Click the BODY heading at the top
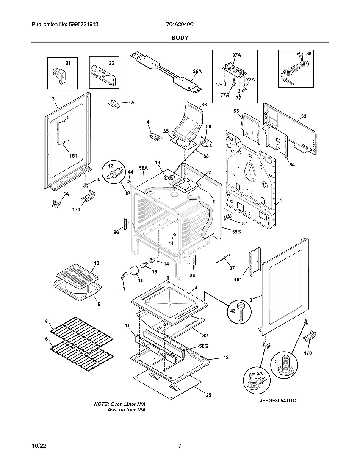click(x=180, y=38)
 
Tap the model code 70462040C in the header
click(x=180, y=25)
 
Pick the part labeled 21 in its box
click(x=60, y=75)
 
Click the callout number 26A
click(x=197, y=72)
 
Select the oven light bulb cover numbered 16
click(x=135, y=270)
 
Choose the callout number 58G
click(x=204, y=347)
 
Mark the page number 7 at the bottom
click(x=180, y=446)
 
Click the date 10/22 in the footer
click(x=39, y=446)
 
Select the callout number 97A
click(x=236, y=55)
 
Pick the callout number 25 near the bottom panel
click(x=208, y=395)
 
